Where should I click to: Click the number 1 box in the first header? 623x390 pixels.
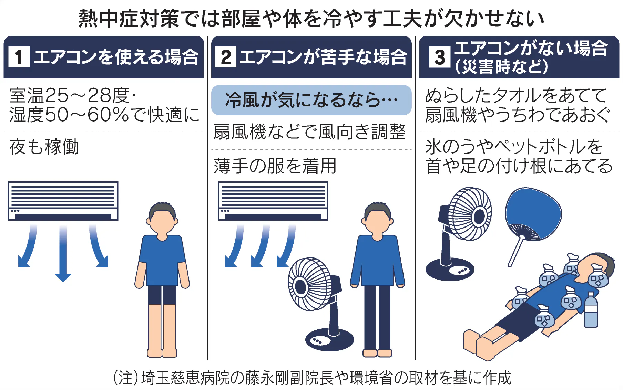pyautogui.click(x=19, y=57)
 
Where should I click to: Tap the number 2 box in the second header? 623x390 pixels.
pyautogui.click(x=226, y=57)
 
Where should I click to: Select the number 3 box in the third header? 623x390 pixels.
pyautogui.click(x=440, y=57)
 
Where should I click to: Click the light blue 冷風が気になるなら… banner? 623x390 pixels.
pyautogui.click(x=311, y=100)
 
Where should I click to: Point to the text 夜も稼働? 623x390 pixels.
pyautogui.click(x=44, y=147)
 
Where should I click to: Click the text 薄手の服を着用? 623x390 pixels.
pyautogui.click(x=275, y=166)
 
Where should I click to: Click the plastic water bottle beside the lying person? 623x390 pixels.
pyautogui.click(x=591, y=310)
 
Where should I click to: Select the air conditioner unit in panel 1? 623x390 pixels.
pyautogui.click(x=63, y=201)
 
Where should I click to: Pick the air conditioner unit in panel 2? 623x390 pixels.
pyautogui.click(x=273, y=201)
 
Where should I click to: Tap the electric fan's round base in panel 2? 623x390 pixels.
pyautogui.click(x=329, y=339)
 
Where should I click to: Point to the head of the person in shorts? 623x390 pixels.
pyautogui.click(x=162, y=219)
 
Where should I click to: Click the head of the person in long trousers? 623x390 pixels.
pyautogui.click(x=377, y=218)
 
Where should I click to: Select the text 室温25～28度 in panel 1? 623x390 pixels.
pyautogui.click(x=69, y=95)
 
